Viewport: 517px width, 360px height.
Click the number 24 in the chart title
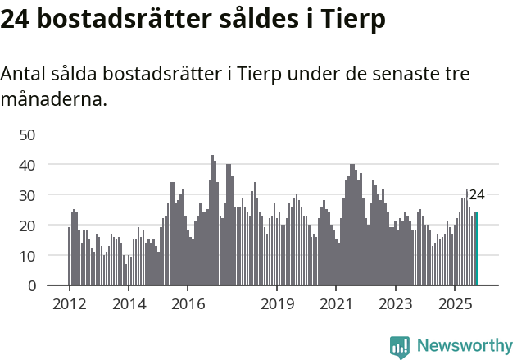[16, 21]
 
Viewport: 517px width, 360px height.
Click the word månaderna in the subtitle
[53, 100]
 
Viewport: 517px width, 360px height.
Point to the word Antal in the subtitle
[25, 74]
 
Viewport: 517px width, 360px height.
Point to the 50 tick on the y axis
[27, 134]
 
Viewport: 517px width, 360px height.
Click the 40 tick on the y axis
[27, 165]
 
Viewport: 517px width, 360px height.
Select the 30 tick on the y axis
[27, 195]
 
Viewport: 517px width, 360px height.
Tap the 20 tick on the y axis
[27, 226]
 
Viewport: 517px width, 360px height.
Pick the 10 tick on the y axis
[27, 256]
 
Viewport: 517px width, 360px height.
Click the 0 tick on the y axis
[32, 286]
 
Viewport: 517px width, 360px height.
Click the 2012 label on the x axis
[69, 304]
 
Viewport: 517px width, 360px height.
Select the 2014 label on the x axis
[129, 304]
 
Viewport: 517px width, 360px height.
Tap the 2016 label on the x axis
[188, 304]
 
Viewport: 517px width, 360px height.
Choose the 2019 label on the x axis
[277, 304]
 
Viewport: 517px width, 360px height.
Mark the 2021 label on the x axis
[336, 304]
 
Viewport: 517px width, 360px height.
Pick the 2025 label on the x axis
[455, 304]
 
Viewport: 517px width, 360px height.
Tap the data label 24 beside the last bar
[477, 195]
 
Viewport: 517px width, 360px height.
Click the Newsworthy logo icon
[400, 347]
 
